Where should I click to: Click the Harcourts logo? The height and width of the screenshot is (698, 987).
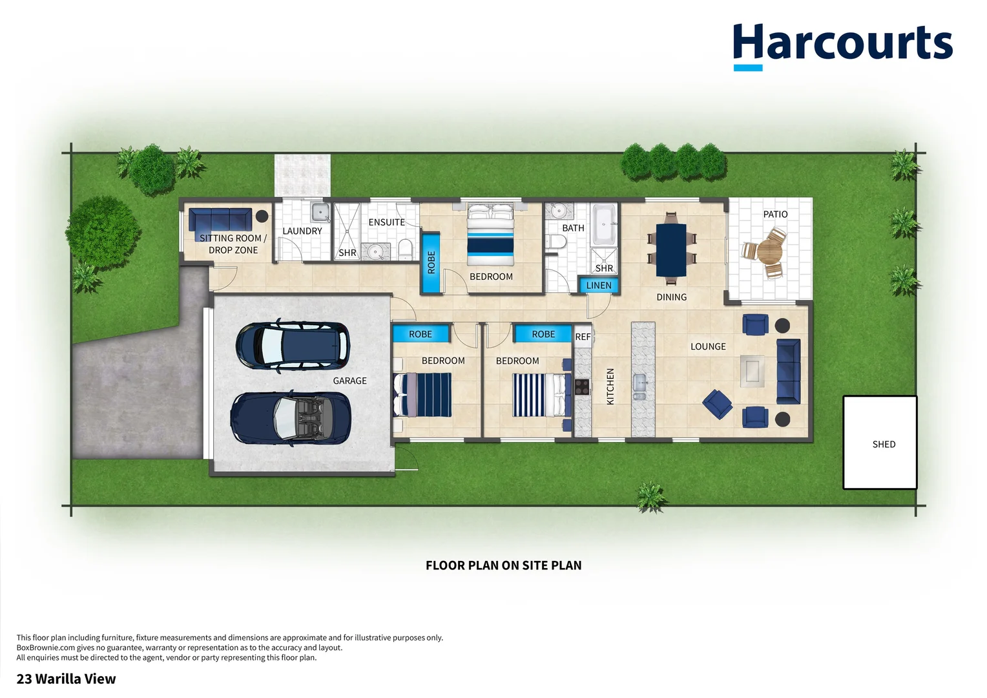[x=842, y=45]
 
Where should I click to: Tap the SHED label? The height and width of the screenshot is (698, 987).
[x=884, y=444]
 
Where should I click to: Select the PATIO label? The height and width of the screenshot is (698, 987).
[x=775, y=214]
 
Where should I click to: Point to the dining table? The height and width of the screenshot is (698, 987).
[x=671, y=249]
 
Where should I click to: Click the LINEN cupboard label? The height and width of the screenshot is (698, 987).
[x=599, y=285]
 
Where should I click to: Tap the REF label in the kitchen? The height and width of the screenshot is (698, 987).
[x=583, y=337]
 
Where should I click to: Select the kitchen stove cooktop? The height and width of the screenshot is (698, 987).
[x=582, y=386]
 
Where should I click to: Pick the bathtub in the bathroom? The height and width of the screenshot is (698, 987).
[x=605, y=224]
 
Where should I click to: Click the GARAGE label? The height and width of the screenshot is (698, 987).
[x=349, y=381]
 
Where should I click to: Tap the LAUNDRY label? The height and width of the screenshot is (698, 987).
[x=302, y=231]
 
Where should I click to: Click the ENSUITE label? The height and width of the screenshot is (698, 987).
[x=386, y=222]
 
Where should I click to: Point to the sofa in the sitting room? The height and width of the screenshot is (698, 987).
[x=220, y=220]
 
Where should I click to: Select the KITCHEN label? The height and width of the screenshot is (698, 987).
[x=610, y=386]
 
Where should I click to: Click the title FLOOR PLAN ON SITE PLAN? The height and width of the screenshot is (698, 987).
[x=503, y=566]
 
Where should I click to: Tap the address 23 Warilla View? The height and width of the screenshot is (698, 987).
[x=66, y=679]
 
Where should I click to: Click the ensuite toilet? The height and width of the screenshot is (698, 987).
[x=405, y=249]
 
